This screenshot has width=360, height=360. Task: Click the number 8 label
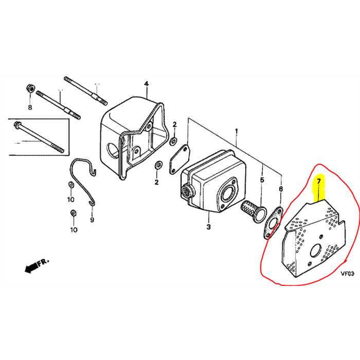pyautogui.click(x=29, y=107)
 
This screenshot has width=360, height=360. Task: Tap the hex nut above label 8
pyautogui.click(x=30, y=89)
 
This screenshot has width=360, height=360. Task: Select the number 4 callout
pyautogui.click(x=146, y=84)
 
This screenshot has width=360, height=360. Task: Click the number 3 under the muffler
pyautogui.click(x=209, y=227)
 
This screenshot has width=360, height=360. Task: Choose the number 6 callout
pyautogui.click(x=281, y=189)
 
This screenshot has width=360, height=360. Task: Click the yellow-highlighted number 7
pyautogui.click(x=318, y=182)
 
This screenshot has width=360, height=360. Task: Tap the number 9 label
pyautogui.click(x=93, y=220)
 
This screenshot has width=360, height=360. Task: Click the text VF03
pyautogui.click(x=348, y=274)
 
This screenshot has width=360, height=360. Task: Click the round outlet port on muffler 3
pyautogui.click(x=226, y=195)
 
